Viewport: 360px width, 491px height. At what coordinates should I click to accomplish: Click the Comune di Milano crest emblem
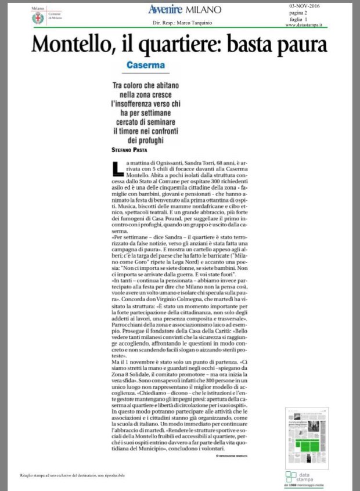pyautogui.click(x=38, y=19)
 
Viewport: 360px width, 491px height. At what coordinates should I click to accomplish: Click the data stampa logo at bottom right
pyautogui.click(x=304, y=478)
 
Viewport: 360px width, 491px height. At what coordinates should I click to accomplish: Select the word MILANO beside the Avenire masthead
pyautogui.click(x=203, y=9)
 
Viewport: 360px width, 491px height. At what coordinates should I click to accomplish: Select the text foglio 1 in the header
pyautogui.click(x=298, y=19)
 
